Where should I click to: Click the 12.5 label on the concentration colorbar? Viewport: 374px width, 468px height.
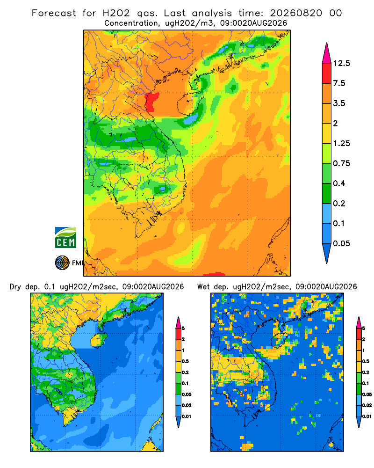341,63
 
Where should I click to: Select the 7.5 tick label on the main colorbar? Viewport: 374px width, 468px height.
339,83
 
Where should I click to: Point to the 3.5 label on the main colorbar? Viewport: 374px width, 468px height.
339,103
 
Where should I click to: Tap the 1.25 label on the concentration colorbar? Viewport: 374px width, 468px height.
341,143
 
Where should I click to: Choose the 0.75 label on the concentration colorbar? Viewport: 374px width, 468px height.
341,163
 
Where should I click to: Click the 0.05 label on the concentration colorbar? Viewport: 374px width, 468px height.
341,243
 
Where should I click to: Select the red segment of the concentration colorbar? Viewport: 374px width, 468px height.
327,73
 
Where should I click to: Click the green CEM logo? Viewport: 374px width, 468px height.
65,238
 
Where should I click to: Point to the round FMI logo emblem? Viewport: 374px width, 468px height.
62,263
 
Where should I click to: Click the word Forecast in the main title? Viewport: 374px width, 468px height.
54,13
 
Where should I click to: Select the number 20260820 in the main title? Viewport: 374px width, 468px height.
296,13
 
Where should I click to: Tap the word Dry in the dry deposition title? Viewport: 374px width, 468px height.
15,287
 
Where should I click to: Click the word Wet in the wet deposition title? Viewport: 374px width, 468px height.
204,287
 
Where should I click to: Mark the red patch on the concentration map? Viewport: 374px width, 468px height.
152,102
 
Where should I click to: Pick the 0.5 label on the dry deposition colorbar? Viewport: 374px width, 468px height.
185,361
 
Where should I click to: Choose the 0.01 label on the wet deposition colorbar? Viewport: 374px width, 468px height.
367,417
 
